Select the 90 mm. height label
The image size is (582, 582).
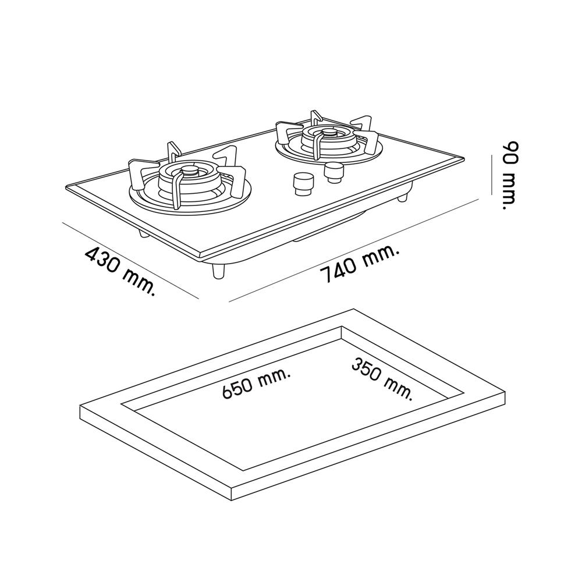click(509, 175)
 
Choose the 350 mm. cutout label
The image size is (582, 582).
click(382, 378)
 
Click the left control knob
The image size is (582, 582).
click(304, 184)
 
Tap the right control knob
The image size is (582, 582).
click(334, 173)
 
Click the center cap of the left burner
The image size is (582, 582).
click(191, 171)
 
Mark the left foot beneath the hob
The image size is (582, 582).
click(144, 234)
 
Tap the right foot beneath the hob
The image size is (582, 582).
click(402, 197)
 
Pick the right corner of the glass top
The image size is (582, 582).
click(464, 158)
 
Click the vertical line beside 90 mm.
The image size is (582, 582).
click(491, 175)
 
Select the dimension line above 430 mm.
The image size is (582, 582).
click(130, 260)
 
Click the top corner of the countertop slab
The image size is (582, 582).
click(353, 309)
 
